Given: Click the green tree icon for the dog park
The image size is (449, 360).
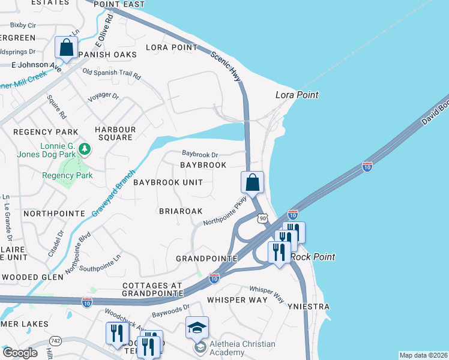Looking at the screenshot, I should coord(85,148).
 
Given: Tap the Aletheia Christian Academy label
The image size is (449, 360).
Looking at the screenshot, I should coord(243,348).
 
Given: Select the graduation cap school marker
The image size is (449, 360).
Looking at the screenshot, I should coord(197,328).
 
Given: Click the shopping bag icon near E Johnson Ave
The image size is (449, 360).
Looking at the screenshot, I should coord(67,48).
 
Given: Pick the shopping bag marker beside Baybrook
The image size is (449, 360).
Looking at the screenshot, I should coord(253,182).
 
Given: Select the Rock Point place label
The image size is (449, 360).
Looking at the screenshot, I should coord(313,257).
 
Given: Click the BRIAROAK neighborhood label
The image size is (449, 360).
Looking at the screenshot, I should coord(181,211).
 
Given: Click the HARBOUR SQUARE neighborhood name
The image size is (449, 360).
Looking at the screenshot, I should coord(115,133).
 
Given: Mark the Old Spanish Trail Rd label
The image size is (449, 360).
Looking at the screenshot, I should coord(111,75).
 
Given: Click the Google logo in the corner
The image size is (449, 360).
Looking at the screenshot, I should coord(20,353).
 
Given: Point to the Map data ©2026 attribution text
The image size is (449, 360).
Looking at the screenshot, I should coord(423,355).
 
